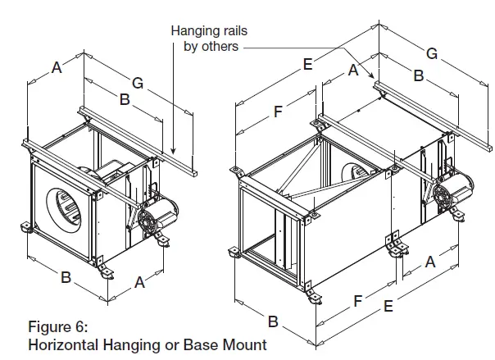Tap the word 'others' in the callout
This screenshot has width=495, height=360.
[x=220, y=46]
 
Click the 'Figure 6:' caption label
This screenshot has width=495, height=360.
[x=58, y=330]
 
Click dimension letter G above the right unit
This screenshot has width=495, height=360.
[x=431, y=54]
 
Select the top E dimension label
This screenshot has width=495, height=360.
[x=307, y=63]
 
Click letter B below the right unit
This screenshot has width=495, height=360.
[x=274, y=319]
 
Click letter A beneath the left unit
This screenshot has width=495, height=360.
[x=140, y=282]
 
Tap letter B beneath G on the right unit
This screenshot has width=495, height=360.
[x=418, y=77]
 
